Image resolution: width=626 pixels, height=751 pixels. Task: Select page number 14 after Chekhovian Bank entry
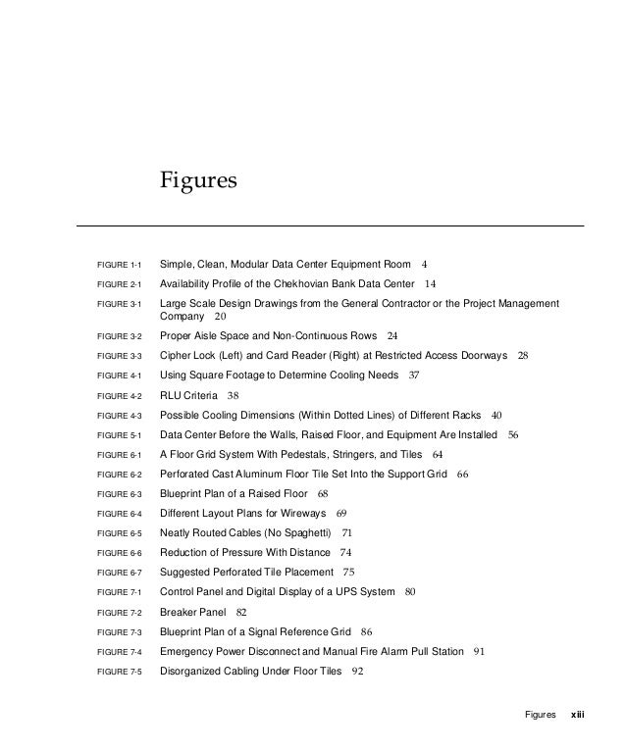tap(430, 284)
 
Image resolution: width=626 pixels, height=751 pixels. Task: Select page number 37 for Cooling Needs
tap(413, 375)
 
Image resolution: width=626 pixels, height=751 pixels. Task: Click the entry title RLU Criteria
tap(189, 395)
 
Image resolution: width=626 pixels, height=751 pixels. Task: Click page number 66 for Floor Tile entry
tap(463, 475)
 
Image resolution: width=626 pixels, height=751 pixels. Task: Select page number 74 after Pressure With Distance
tap(345, 553)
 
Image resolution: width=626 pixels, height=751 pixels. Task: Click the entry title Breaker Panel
tap(193, 613)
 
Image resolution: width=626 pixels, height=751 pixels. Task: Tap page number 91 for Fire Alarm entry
tap(479, 652)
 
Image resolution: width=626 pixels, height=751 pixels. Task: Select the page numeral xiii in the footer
tap(577, 715)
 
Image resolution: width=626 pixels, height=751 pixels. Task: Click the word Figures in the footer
tap(540, 715)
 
